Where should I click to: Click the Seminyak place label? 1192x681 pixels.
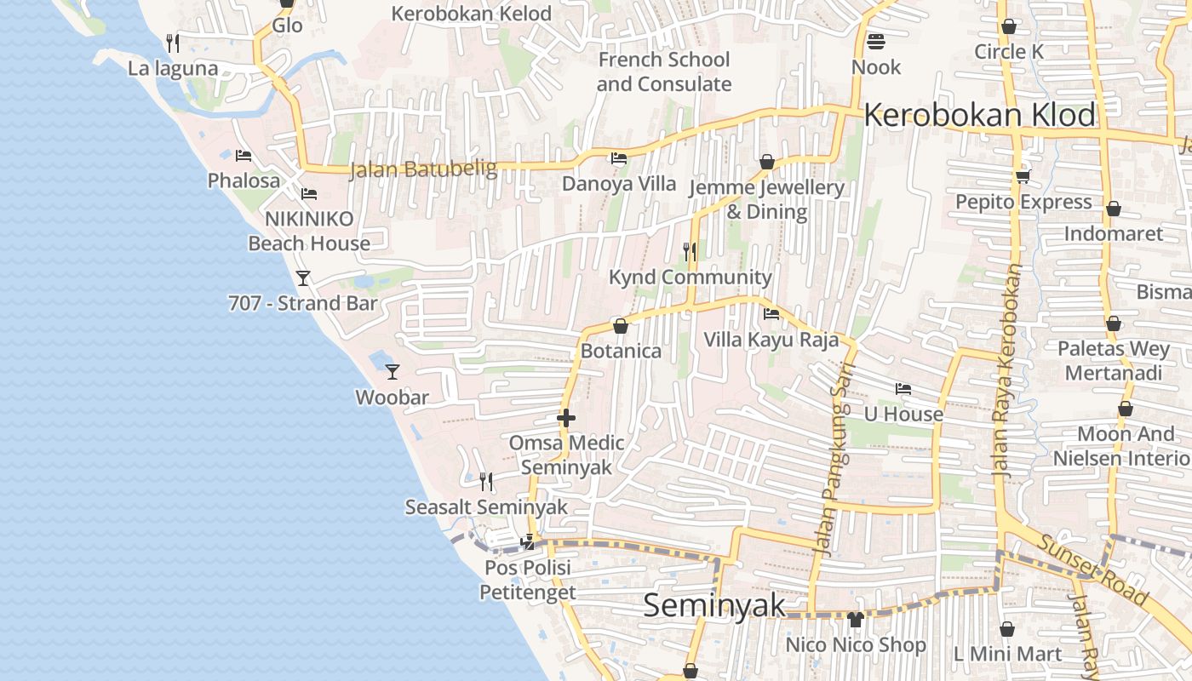[713, 605]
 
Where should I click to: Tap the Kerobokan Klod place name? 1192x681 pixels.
[979, 115]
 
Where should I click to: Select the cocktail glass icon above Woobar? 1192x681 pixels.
[393, 371]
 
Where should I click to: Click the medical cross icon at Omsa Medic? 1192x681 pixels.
[566, 417]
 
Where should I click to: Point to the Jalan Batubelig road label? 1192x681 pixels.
[423, 169]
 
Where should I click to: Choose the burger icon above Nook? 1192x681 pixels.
[876, 41]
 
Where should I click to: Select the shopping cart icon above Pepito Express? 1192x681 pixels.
[1023, 176]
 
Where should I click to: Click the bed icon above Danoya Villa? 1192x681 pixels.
[619, 158]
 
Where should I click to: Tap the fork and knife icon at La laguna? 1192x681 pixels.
[173, 43]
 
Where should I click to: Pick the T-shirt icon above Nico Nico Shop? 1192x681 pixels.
[856, 620]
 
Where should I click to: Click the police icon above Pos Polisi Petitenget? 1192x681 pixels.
[528, 541]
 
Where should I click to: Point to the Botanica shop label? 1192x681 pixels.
[621, 351]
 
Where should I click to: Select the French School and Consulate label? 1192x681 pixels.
[663, 72]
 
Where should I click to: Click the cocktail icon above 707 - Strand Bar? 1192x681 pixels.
[302, 278]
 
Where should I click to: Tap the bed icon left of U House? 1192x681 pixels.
[903, 389]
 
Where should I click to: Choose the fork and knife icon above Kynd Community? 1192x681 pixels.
[690, 251]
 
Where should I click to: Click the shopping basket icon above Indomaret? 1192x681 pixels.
[1113, 209]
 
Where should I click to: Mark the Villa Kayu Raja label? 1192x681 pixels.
[771, 340]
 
